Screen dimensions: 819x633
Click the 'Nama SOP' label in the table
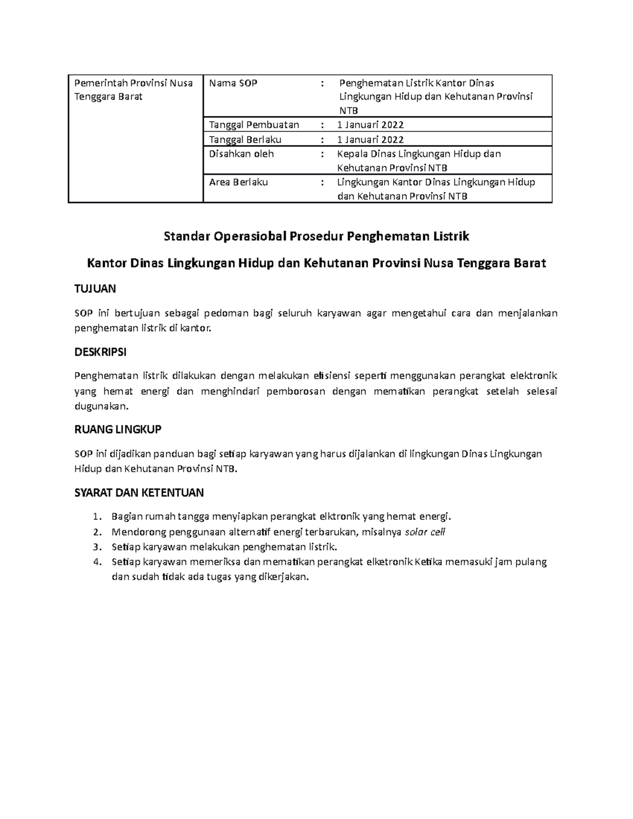coord(233,83)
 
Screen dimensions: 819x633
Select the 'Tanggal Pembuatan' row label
coord(254,125)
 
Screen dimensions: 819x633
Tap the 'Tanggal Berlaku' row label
coord(245,140)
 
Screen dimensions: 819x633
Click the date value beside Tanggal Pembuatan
coord(370,125)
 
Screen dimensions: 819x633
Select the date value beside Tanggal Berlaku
coord(370,140)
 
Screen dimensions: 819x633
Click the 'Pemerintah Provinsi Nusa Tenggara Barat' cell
coord(133,90)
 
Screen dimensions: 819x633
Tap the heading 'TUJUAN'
coord(95,288)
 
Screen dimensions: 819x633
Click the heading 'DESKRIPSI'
coord(100,352)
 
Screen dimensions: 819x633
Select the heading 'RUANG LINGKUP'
coord(118,429)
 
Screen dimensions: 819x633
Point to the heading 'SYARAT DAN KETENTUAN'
coord(139,493)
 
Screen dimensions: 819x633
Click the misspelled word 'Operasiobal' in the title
coord(251,236)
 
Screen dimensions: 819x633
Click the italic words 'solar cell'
coord(425,532)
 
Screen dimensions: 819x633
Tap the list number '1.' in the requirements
coord(95,516)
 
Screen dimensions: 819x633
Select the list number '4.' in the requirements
coord(95,562)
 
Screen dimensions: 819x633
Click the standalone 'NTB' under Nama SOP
coord(348,111)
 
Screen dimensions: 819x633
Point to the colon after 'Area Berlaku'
coord(322,182)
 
